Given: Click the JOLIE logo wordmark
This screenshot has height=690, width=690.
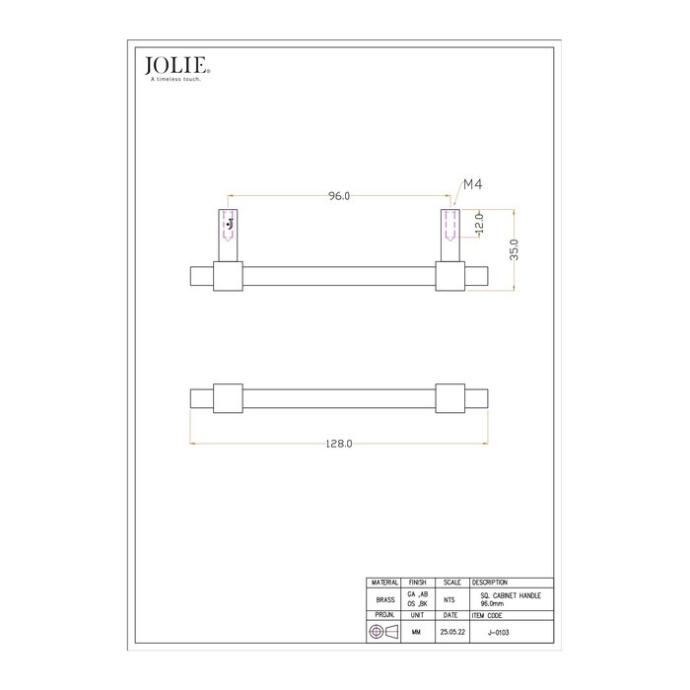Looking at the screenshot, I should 175,66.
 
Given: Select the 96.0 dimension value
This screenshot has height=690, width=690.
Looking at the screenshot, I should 338,196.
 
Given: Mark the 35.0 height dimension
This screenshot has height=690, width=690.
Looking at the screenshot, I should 514,247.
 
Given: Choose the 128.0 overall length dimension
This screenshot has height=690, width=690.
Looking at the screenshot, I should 338,445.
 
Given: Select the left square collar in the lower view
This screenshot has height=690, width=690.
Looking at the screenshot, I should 228,396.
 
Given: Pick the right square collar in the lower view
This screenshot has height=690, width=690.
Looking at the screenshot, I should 450,396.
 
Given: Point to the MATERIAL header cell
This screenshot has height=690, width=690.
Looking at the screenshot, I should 384,583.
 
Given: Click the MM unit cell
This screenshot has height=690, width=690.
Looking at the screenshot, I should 417,632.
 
